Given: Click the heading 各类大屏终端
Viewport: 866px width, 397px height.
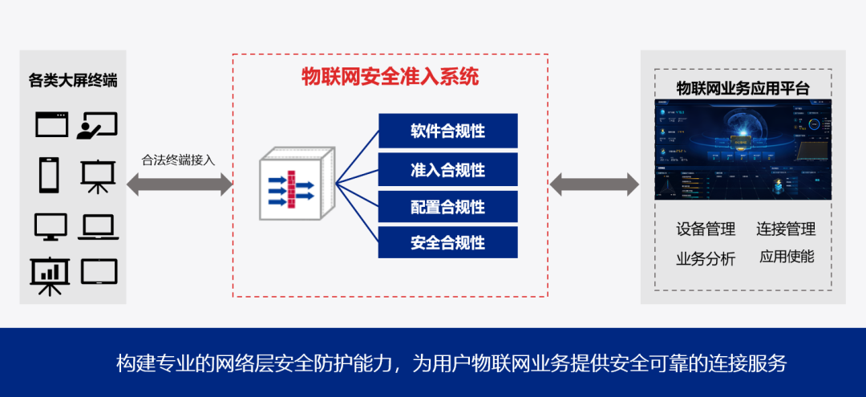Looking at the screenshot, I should [73, 81].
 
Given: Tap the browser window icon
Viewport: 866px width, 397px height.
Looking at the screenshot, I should [53, 124].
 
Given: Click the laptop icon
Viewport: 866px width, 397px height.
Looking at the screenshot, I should [99, 227].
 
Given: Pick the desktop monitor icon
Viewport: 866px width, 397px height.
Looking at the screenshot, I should [51, 227].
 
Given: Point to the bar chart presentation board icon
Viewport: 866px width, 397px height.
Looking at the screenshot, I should [50, 276].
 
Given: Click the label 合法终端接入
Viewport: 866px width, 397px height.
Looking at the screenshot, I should [178, 160].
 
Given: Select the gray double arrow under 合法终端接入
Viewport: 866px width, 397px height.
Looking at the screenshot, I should [178, 184].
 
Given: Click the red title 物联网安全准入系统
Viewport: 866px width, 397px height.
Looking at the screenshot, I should [390, 77].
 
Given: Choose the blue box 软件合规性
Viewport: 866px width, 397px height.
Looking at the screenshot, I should [447, 131].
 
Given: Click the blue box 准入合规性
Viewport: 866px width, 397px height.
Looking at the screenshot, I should [447, 169].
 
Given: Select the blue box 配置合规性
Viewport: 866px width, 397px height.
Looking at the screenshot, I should [447, 207].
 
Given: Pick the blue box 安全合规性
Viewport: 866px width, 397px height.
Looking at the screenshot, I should [447, 242].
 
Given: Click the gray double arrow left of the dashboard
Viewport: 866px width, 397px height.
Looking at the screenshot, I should [594, 184].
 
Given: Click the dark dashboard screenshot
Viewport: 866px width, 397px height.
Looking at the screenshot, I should [743, 149].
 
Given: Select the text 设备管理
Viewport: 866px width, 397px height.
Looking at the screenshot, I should [706, 229].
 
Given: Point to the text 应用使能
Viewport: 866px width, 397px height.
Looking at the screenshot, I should [787, 257].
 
